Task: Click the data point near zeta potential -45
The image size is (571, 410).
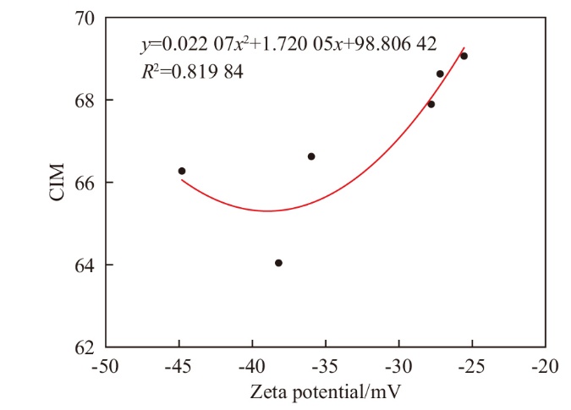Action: pyautogui.click(x=182, y=171)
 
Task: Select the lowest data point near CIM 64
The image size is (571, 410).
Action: pyautogui.click(x=278, y=263)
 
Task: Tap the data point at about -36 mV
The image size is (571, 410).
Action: pyautogui.click(x=311, y=156)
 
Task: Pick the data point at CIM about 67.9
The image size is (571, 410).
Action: pyautogui.click(x=431, y=104)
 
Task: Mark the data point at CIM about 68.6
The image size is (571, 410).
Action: pyautogui.click(x=440, y=74)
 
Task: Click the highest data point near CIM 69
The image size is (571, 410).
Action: pyautogui.click(x=464, y=56)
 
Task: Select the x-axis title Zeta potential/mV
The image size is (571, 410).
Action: pyautogui.click(x=324, y=392)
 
